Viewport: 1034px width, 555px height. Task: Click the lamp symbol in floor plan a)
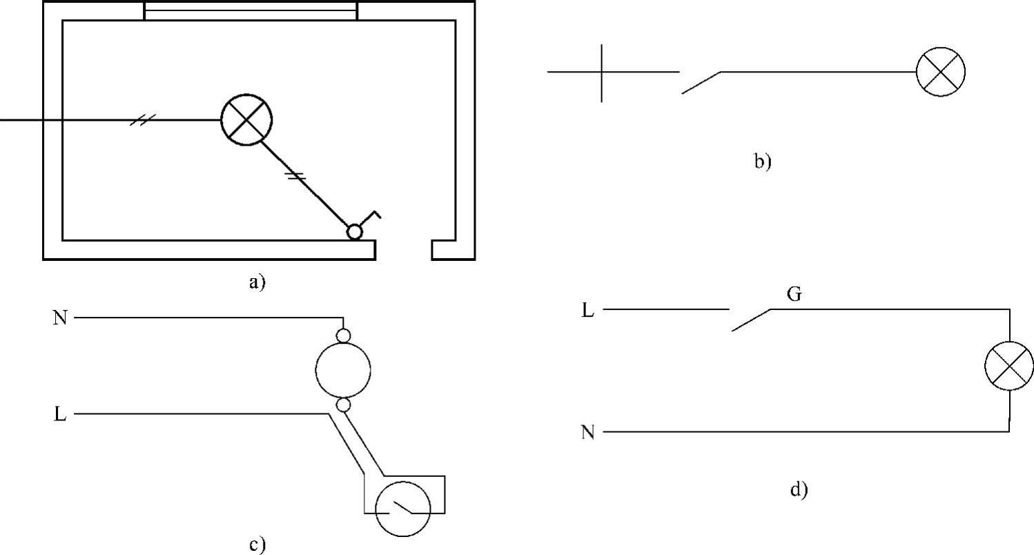point(246,120)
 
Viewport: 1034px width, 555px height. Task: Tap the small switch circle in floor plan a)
point(354,232)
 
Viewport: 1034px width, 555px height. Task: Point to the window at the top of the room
point(251,11)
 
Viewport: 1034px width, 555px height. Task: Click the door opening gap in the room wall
point(404,249)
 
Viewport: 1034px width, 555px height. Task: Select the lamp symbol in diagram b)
point(940,72)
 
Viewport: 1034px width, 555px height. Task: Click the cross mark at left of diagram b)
point(601,72)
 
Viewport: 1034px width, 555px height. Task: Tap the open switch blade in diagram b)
point(701,82)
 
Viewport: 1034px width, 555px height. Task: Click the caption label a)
point(257,282)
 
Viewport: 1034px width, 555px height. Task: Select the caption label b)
point(762,162)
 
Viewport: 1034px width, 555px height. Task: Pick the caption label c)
point(257,545)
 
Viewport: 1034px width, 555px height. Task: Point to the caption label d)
point(798,490)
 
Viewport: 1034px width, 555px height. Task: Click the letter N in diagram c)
point(60,318)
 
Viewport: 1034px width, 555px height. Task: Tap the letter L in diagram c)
point(60,414)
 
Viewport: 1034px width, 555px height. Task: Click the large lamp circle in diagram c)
point(343,370)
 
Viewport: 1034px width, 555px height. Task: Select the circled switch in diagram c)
point(402,509)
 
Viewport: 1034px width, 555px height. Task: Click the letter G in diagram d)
point(794,295)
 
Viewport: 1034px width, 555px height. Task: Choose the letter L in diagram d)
point(587,311)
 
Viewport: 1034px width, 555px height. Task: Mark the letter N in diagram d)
point(587,433)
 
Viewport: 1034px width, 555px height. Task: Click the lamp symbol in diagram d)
point(1009,366)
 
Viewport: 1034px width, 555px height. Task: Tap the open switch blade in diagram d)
point(750,320)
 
